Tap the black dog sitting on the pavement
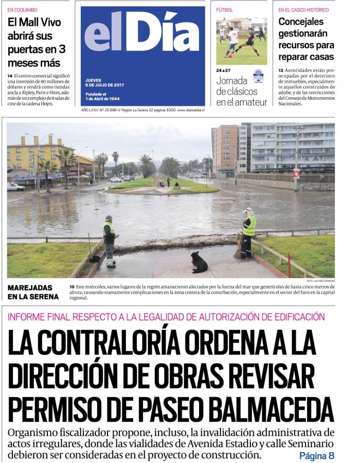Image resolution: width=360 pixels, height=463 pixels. [x=199, y=262]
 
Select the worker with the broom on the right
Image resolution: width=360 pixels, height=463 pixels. [x=248, y=233]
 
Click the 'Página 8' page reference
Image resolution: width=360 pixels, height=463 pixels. [x=317, y=456]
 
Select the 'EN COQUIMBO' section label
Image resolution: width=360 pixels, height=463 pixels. [x=22, y=10]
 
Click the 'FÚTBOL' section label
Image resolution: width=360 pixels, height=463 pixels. [x=224, y=10]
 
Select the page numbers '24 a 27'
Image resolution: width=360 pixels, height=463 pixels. [x=223, y=70]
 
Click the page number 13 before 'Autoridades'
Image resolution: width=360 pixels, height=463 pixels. [x=281, y=70]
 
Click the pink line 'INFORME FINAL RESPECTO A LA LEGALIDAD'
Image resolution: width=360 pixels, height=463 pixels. [x=166, y=317]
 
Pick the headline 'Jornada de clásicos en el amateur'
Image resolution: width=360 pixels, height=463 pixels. [x=241, y=91]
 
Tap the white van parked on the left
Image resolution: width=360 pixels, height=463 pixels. [x=16, y=187]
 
